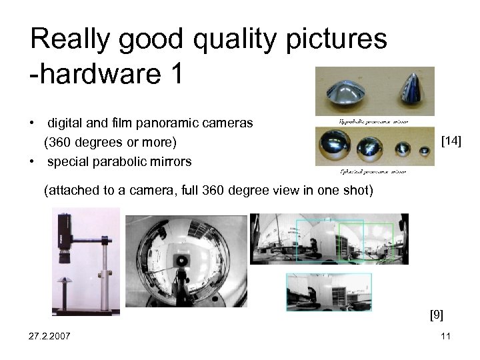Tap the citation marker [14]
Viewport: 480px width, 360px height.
pyautogui.click(x=451, y=141)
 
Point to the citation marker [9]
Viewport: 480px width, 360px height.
pyautogui.click(x=437, y=314)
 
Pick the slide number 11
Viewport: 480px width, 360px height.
pyautogui.click(x=445, y=336)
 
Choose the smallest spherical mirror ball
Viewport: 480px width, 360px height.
pyautogui.click(x=421, y=149)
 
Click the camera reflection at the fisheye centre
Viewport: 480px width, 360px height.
pyautogui.click(x=181, y=260)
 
